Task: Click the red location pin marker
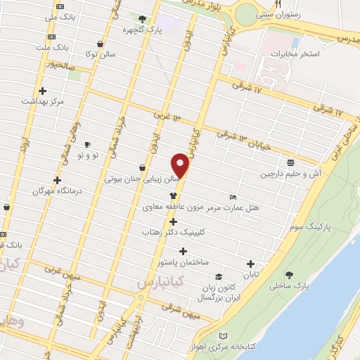[x=181, y=165]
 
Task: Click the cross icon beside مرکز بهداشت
[x=44, y=91]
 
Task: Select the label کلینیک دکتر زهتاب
[x=172, y=231]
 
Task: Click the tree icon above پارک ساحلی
[x=288, y=275]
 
